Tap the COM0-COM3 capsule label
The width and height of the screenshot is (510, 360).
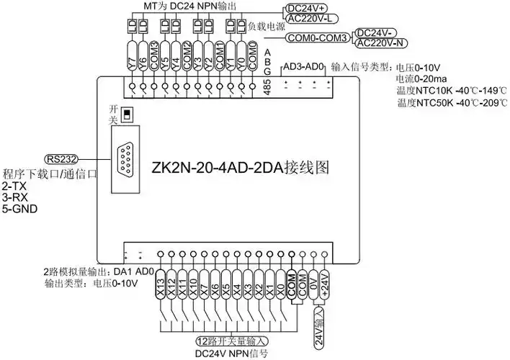click(x=318, y=37)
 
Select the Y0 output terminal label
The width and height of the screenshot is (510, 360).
click(x=241, y=63)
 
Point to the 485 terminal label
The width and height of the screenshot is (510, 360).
click(x=267, y=86)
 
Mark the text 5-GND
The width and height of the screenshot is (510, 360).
click(x=20, y=210)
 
